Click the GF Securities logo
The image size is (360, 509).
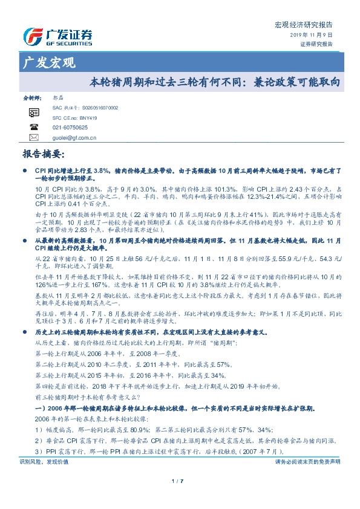[57, 37]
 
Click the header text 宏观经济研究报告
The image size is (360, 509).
[308, 25]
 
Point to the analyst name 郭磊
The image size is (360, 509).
[57, 97]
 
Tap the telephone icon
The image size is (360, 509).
[34, 128]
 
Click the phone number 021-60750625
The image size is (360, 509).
[70, 128]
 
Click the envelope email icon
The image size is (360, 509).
[34, 138]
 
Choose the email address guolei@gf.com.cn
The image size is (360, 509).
[75, 138]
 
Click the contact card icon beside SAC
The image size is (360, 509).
[34, 112]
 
